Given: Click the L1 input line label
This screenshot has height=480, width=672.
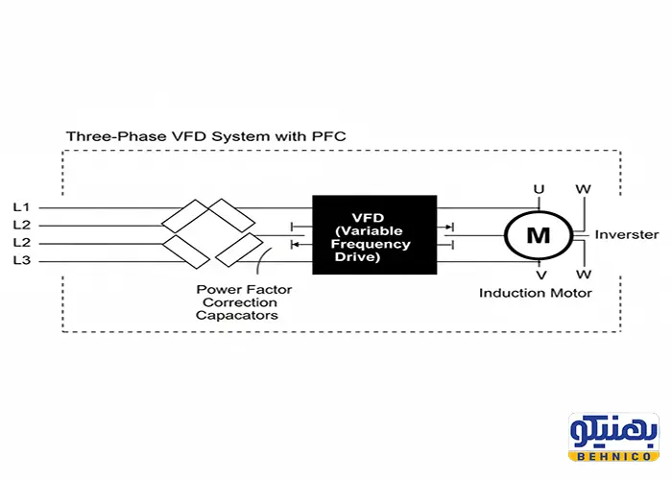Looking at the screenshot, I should (x=21, y=207).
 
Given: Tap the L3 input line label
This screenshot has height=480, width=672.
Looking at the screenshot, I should (x=21, y=260).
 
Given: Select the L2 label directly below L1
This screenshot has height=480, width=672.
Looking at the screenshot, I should (x=21, y=225).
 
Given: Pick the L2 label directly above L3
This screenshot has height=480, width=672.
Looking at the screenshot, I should (x=21, y=242).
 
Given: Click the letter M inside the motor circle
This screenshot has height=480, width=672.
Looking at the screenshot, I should (x=539, y=234).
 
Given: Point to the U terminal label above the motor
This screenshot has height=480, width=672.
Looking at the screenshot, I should (x=540, y=189).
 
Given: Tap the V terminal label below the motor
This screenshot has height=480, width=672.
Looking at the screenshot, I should (x=541, y=276).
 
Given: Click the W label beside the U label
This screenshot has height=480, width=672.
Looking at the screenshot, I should (x=583, y=189).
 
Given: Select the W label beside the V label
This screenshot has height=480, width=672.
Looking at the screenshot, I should (x=583, y=276).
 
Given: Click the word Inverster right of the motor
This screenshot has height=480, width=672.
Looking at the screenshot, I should (x=626, y=234).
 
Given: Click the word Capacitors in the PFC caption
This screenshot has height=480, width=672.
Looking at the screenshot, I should (x=237, y=315).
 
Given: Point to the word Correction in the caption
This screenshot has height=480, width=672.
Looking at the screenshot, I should (x=243, y=301).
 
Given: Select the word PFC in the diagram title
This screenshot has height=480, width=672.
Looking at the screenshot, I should (x=328, y=137).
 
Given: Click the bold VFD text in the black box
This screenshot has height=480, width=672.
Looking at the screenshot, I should (x=374, y=218).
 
